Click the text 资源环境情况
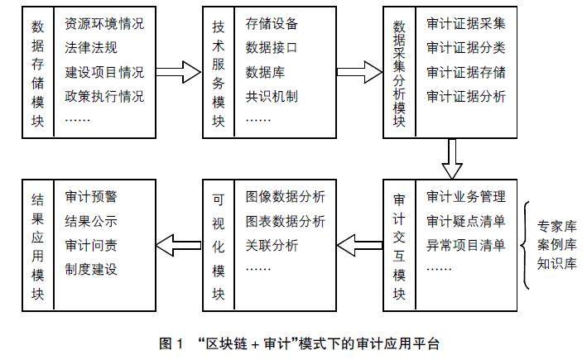pos(103,22)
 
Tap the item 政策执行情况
pos(103,96)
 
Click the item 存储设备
pos(272,22)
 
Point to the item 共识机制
pos(272,96)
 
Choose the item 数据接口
pos(272,47)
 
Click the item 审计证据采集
pos(466,22)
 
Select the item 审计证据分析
pos(466,96)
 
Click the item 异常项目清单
pos(466,246)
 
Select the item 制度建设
pos(90,270)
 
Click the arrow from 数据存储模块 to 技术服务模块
pos(178,72)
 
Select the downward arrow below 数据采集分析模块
pos(451,157)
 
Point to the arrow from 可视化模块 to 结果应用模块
pos(178,244)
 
